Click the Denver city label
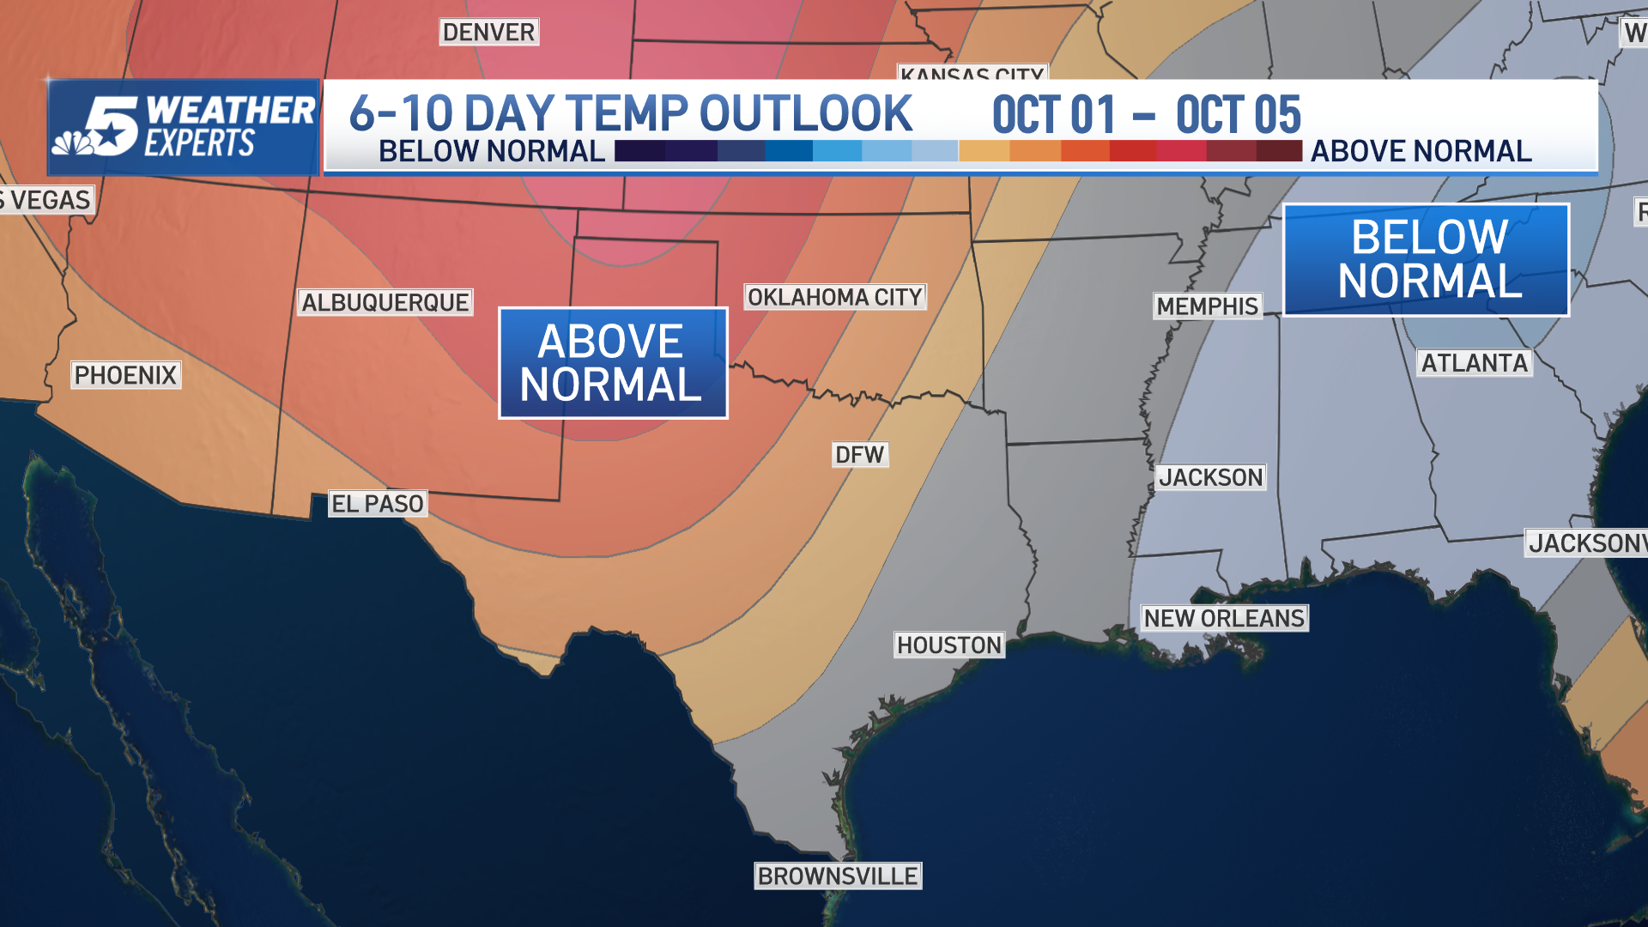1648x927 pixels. pyautogui.click(x=488, y=33)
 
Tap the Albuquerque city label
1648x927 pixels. pyautogui.click(x=385, y=302)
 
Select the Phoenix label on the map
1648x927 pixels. pyautogui.click(x=125, y=375)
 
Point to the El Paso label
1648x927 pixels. pyautogui.click(x=378, y=504)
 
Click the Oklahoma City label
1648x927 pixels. pyautogui.click(x=834, y=297)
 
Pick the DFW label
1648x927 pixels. pyautogui.click(x=859, y=455)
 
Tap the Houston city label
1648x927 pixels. pyautogui.click(x=949, y=645)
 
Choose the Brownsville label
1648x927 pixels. pyautogui.click(x=838, y=875)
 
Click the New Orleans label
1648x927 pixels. pyautogui.click(x=1224, y=618)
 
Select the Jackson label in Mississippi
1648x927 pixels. pyautogui.click(x=1210, y=477)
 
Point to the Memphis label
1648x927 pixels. pyautogui.click(x=1207, y=306)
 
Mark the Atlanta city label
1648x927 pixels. pyautogui.click(x=1474, y=363)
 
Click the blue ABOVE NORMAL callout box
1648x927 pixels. pyautogui.click(x=613, y=363)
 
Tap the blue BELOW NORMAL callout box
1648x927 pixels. pyautogui.click(x=1427, y=259)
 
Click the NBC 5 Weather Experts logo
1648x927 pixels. pyautogui.click(x=184, y=127)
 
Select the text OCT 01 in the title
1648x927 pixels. pyautogui.click(x=1053, y=115)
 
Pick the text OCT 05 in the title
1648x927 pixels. pyautogui.click(x=1238, y=115)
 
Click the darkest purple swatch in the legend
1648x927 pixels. pyautogui.click(x=639, y=151)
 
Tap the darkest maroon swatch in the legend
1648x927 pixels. pyautogui.click(x=1279, y=151)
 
